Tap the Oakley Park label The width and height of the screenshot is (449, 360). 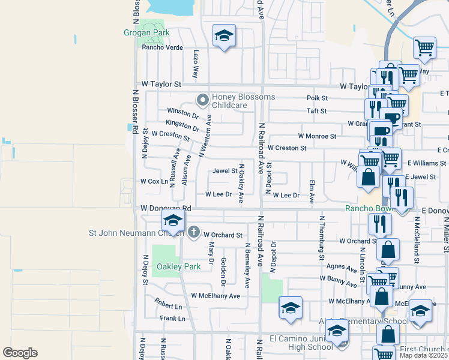pos(178,266)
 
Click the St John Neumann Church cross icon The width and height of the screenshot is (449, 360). pos(193,232)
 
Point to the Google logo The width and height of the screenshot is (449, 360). pos(20,353)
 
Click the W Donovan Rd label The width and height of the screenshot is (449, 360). pos(165,208)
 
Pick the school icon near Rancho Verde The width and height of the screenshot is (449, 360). pos(224,35)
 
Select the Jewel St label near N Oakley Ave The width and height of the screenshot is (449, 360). pos(225,171)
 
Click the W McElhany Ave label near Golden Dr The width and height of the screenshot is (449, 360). pos(215,296)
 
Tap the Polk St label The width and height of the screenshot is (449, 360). pos(317,98)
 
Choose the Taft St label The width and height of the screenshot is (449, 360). pos(316,111)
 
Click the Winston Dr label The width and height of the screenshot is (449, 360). pos(182,113)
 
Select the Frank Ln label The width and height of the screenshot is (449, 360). pos(173,319)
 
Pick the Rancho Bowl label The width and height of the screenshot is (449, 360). pos(364,208)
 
